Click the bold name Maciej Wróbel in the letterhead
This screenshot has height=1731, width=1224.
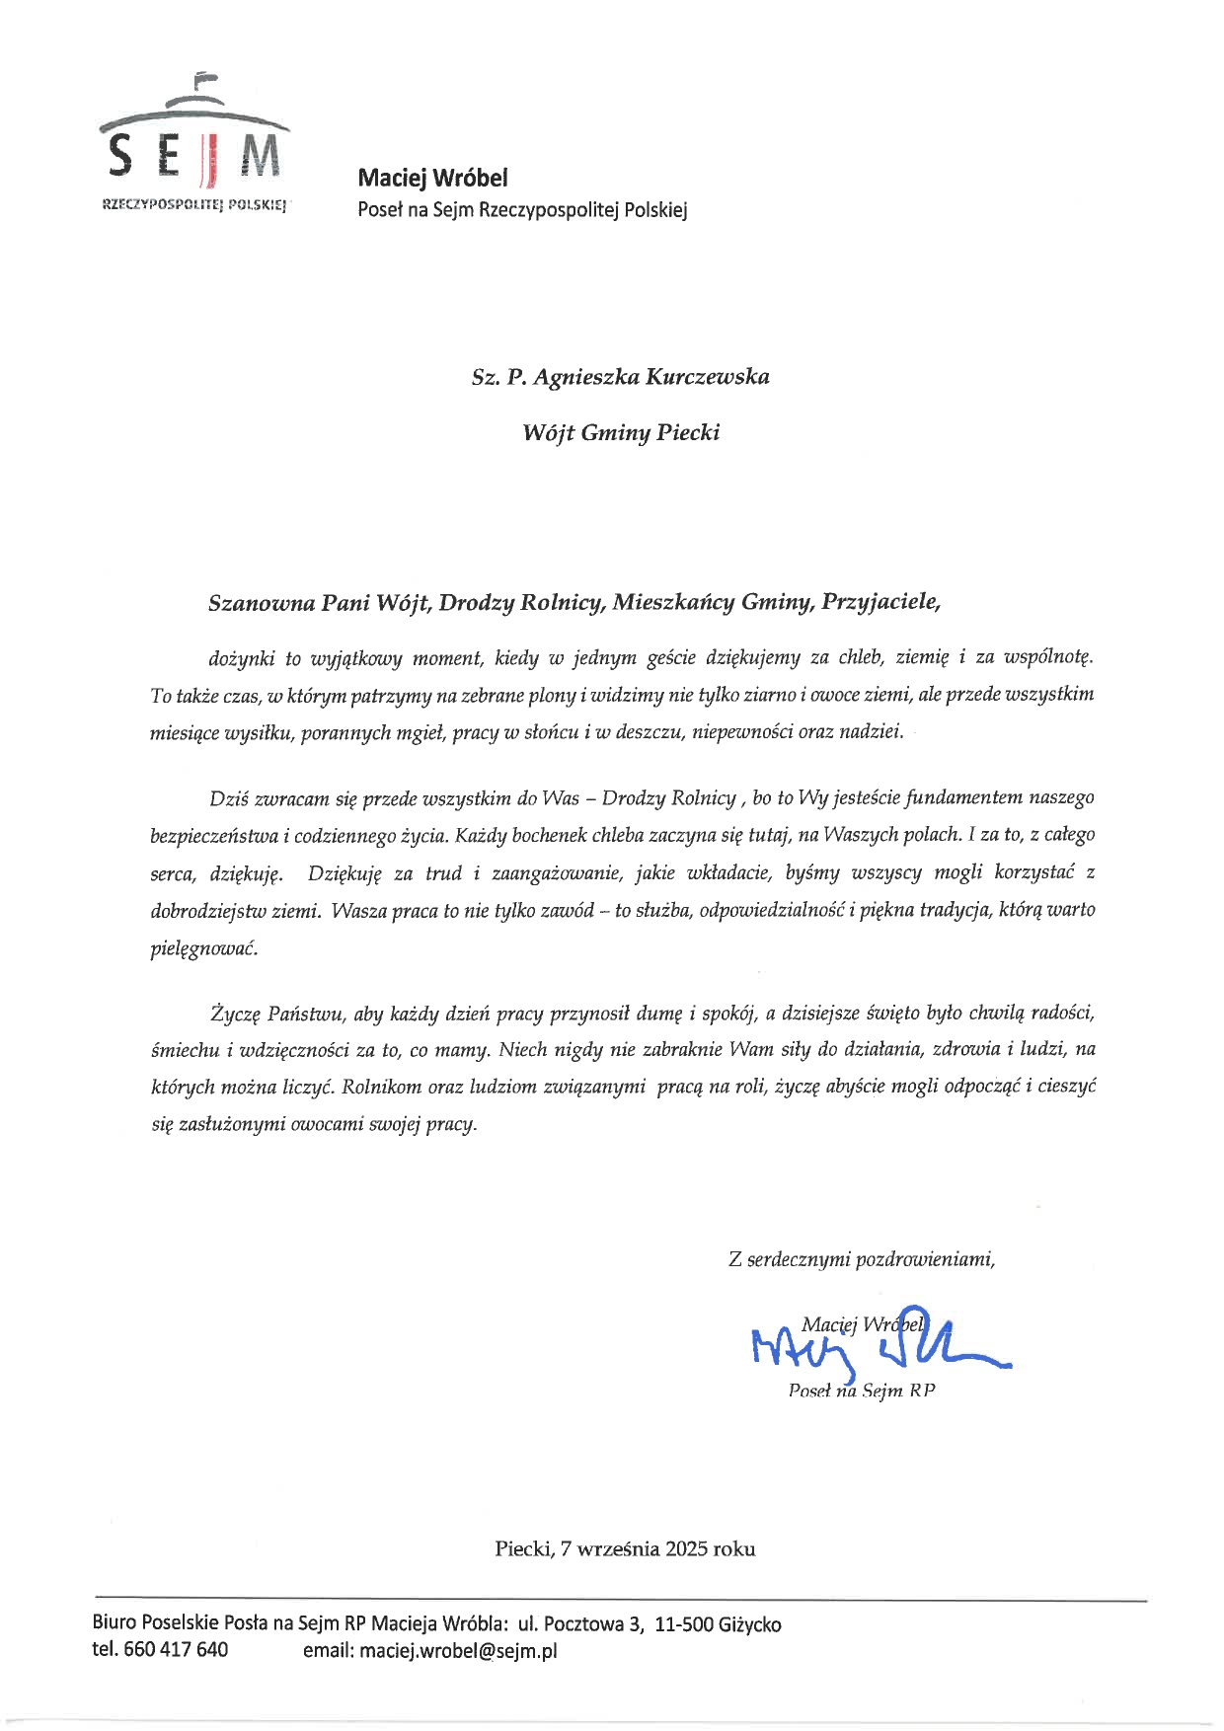coord(432,178)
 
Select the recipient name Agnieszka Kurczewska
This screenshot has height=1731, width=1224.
coord(651,377)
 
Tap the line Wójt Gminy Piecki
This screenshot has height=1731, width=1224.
coord(621,432)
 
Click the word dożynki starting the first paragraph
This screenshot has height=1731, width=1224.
coord(241,657)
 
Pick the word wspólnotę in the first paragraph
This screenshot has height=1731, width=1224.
coord(1048,657)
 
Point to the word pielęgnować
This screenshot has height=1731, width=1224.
coord(203,947)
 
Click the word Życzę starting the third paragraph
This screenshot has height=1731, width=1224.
coord(233,1013)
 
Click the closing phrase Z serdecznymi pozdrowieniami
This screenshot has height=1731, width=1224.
coord(861,1259)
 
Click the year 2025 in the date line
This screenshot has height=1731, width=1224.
coord(686,1548)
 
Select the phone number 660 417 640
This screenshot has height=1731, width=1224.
coord(176,1649)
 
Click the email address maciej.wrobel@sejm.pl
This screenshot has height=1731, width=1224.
coord(458,1650)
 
